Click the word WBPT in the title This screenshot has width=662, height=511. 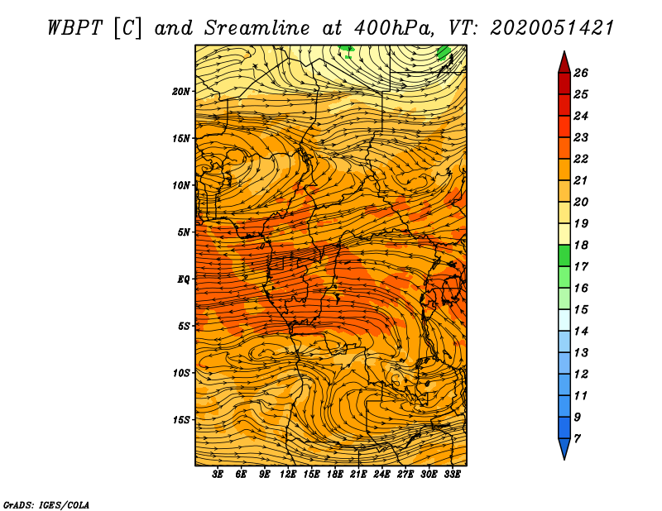tap(72, 27)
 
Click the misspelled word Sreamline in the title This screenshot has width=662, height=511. tap(243, 27)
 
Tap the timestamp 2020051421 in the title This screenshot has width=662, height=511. tap(552, 27)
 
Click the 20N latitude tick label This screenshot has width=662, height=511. tap(181, 91)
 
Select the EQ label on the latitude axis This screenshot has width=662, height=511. tap(184, 279)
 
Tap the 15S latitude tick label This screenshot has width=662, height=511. tap(181, 419)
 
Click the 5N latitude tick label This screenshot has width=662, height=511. tap(184, 232)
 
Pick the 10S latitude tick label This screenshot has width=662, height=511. tap(181, 373)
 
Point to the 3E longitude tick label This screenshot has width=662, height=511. tap(218, 475)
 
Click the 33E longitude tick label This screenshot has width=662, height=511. tap(453, 475)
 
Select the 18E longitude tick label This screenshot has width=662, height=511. tap(335, 475)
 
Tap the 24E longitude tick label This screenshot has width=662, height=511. tap(382, 475)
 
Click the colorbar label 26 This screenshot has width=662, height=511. tap(581, 73)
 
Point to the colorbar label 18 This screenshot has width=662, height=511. tap(581, 245)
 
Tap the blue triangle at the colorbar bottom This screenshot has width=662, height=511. tap(564, 449)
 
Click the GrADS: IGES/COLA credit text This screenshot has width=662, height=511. tap(46, 503)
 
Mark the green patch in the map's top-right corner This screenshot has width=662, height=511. tap(444, 54)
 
